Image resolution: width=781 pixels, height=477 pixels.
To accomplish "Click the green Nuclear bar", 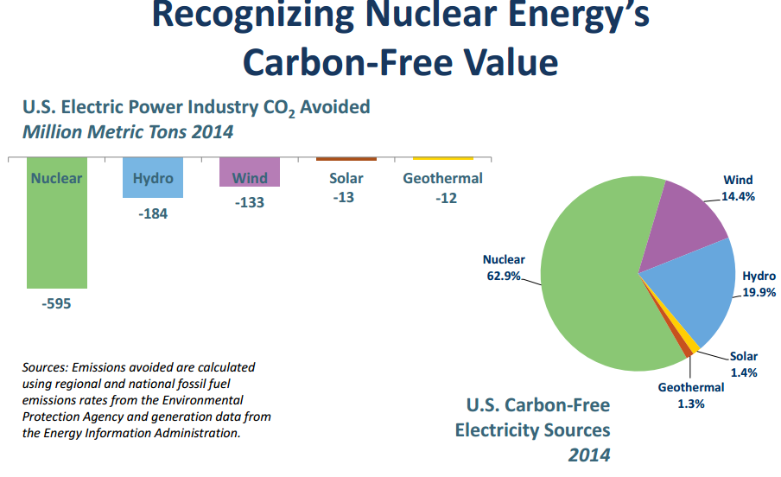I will click(x=57, y=233).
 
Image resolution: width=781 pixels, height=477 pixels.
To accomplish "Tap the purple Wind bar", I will click(x=250, y=173).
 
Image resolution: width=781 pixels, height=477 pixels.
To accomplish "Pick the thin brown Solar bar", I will click(x=346, y=159).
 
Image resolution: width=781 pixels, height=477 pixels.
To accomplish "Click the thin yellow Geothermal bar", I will click(x=442, y=159).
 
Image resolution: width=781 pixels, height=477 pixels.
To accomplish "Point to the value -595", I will click(x=57, y=304).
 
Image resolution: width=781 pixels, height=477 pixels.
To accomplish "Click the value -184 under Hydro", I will click(x=153, y=213).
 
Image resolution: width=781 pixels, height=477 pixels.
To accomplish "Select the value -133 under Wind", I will click(x=250, y=202).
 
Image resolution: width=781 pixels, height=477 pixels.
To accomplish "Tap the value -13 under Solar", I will click(x=346, y=197).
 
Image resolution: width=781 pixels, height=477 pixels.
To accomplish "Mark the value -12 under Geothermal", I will click(x=442, y=197).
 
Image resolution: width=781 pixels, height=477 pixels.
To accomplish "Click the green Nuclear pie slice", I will click(x=596, y=285).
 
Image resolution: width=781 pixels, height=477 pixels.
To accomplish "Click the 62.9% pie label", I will click(x=504, y=276).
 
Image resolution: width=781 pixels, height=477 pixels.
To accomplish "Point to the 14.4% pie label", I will click(x=739, y=196).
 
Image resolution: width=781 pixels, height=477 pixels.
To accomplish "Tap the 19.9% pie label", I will click(x=759, y=292).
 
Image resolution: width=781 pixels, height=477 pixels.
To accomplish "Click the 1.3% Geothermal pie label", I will click(x=690, y=404).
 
